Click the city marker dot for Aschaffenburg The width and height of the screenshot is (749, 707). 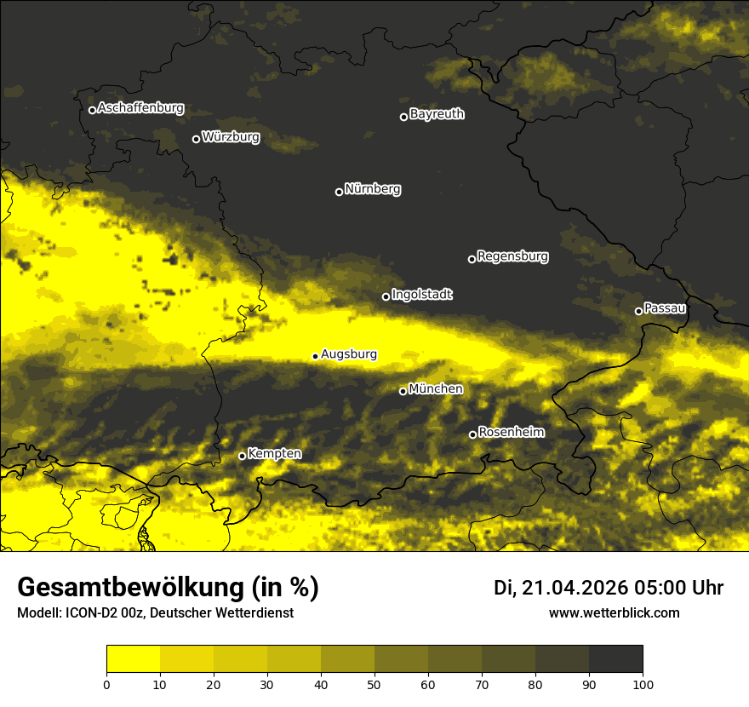coord(92,110)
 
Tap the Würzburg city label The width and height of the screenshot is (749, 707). coord(231,137)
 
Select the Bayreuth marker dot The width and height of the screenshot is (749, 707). coord(403,117)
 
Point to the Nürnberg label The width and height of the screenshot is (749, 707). coord(373,189)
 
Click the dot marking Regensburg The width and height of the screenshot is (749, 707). coord(472,259)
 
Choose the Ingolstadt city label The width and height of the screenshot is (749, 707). coord(422,295)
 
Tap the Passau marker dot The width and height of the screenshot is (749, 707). coord(638,311)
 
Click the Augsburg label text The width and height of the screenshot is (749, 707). coord(349,354)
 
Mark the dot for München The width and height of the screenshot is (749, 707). coord(403,391)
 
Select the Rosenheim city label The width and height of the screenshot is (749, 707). coord(511,433)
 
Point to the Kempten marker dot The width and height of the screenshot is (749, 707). coord(242,456)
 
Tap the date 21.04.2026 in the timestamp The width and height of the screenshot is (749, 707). coord(573,588)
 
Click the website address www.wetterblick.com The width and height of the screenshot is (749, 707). coord(615,613)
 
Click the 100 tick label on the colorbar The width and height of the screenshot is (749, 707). coord(643,683)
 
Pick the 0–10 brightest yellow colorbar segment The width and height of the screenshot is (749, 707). coord(133,659)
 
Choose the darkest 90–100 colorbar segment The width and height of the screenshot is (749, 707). coord(615,659)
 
